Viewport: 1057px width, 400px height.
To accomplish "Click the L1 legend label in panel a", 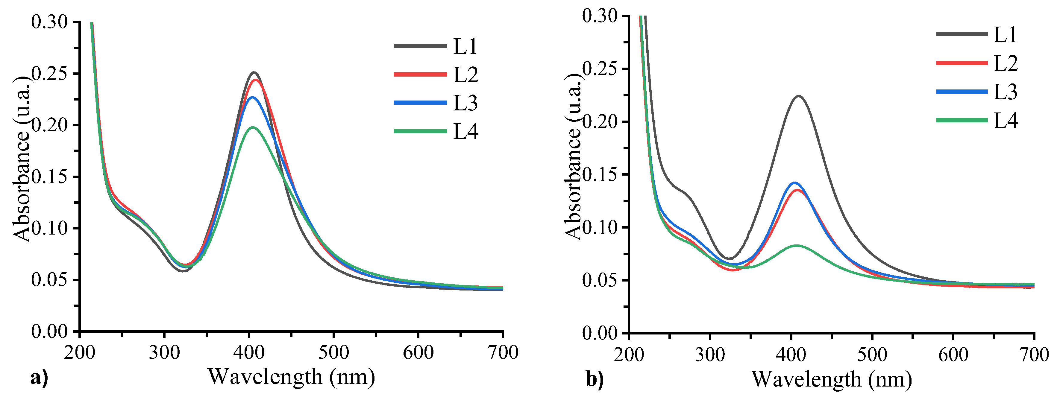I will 465,46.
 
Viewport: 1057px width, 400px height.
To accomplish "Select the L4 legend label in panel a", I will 465,131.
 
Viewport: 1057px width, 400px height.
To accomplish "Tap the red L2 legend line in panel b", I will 962,63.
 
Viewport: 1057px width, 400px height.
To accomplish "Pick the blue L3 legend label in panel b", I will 1005,92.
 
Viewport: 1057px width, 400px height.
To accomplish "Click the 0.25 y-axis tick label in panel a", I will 49,74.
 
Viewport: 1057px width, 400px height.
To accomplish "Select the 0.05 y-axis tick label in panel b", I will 600,280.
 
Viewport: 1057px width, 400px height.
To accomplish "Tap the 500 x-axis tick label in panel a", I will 333,352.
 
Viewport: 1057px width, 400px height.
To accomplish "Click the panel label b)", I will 595,379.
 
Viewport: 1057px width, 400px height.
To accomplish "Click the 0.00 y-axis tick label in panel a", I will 49,331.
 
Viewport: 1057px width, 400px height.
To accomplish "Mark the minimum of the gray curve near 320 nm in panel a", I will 183,271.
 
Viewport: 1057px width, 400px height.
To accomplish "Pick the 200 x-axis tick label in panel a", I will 80,352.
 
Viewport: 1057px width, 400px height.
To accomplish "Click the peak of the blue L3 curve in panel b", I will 795,183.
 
